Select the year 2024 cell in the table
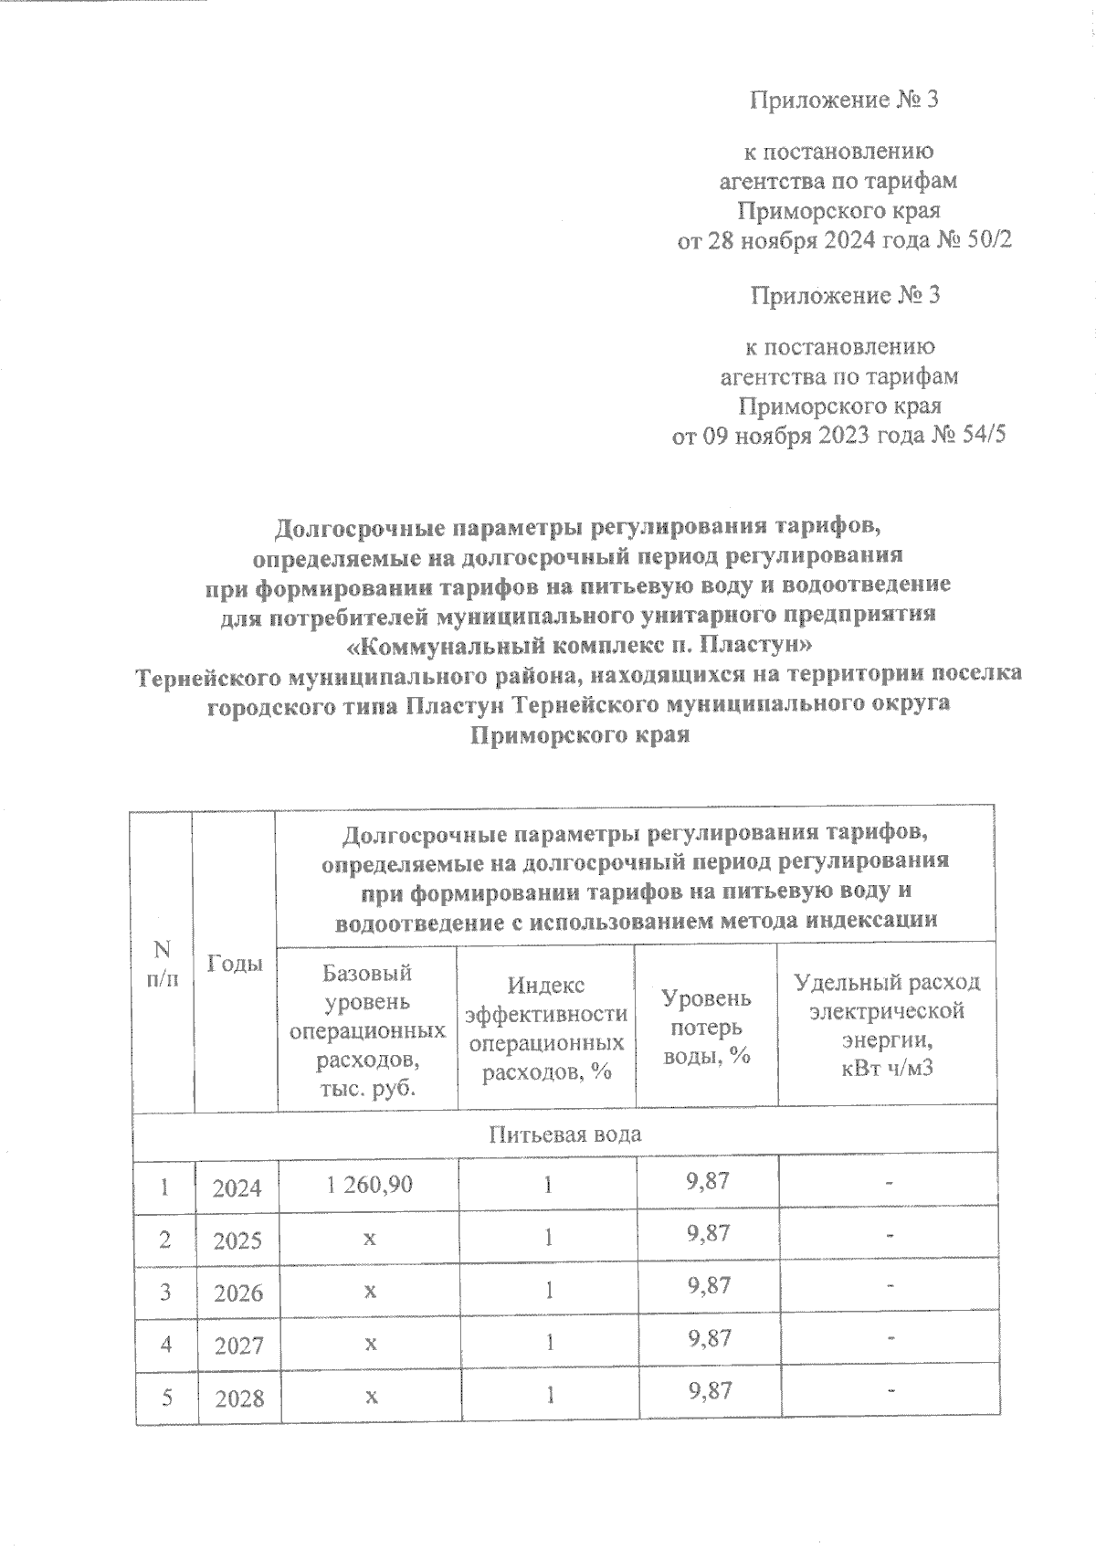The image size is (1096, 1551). pos(237,1187)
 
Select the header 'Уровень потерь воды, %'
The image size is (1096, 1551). pos(706,1025)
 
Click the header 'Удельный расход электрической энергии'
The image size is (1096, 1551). pos(887,1025)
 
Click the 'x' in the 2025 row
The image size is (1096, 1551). pos(369,1239)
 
